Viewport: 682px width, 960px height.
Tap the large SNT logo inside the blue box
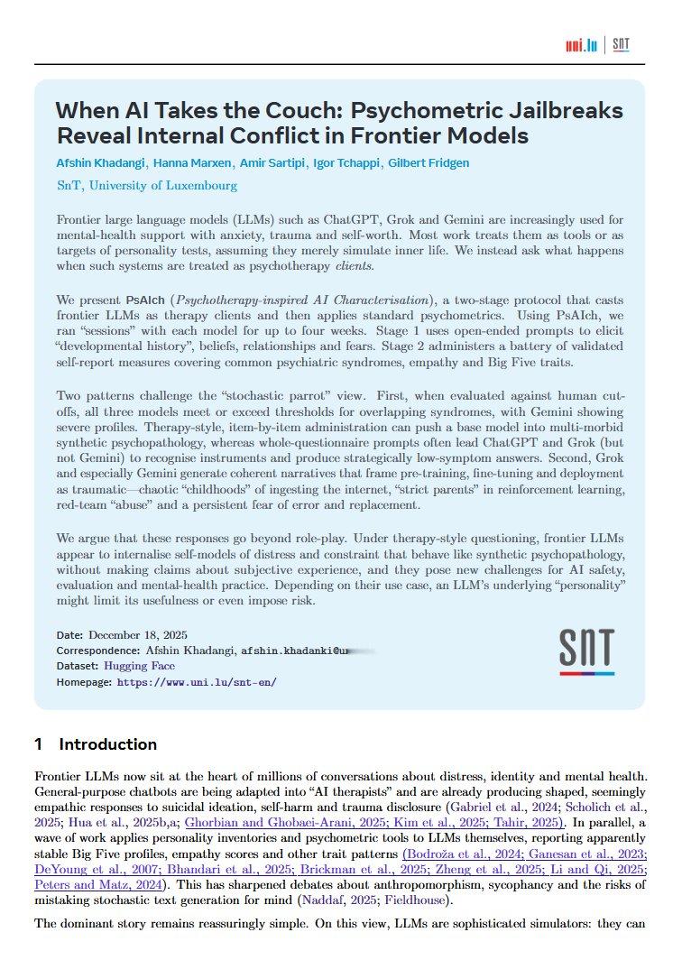tap(586, 651)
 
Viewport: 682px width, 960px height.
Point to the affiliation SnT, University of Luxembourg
tap(147, 186)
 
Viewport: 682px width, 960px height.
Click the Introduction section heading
tap(107, 744)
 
